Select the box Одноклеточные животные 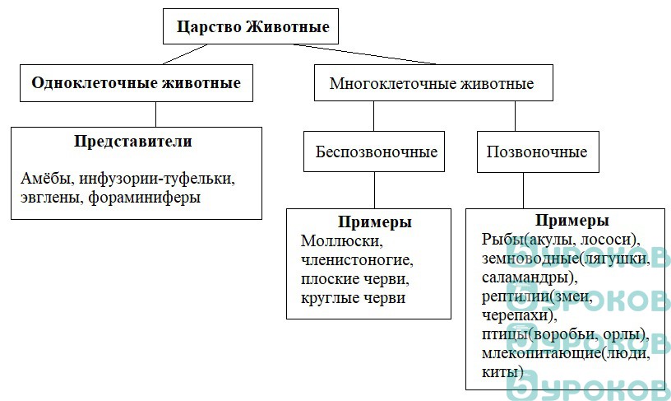coord(136,83)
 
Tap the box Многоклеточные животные coord(432,83)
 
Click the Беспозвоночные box coord(376,152)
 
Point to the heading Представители coord(133,142)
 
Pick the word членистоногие coord(357,260)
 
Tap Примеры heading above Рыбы coord(572,221)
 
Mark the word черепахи coord(517,315)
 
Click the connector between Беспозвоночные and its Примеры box coord(376,191)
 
